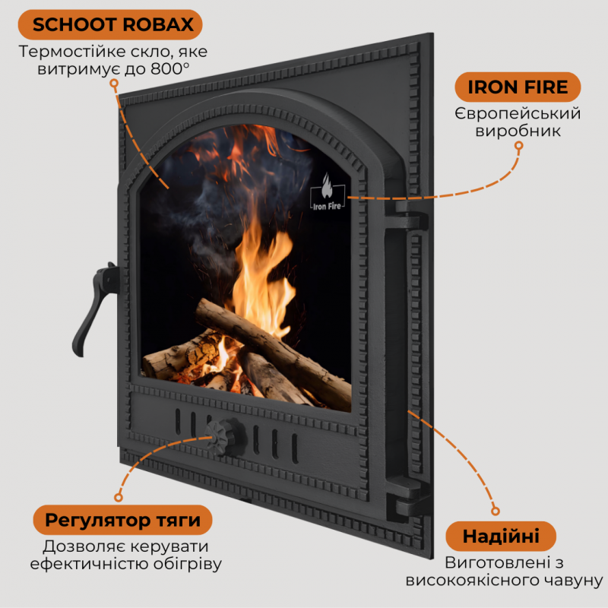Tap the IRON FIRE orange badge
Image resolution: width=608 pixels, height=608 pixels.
pos(518,87)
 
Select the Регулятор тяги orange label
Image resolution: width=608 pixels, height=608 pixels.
pos(123,521)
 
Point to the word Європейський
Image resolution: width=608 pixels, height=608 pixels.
pos(518,113)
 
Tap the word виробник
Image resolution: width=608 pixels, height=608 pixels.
pos(518,131)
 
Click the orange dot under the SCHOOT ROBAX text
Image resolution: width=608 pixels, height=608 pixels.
pos(115,87)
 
